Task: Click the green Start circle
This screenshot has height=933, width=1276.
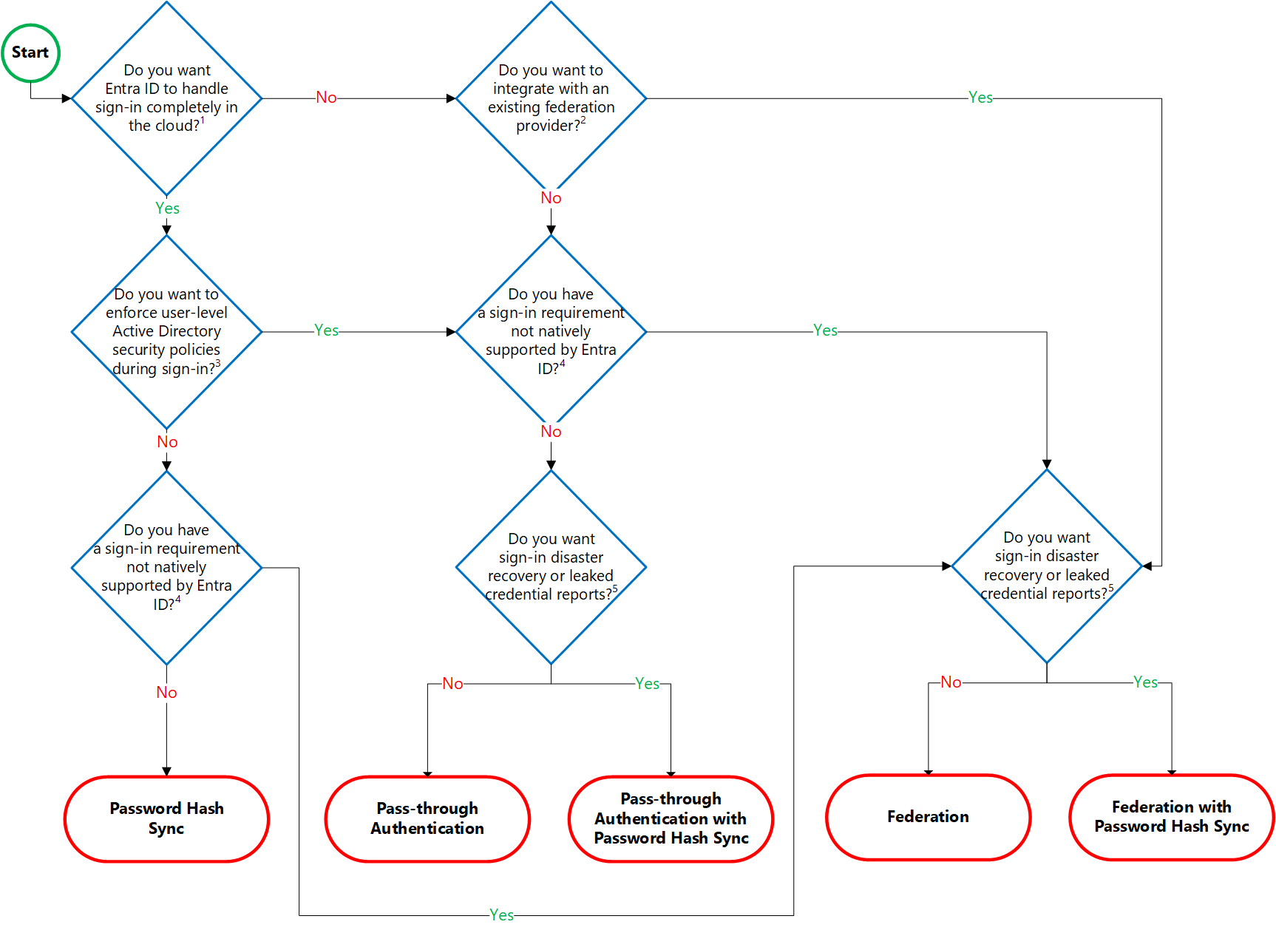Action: click(30, 52)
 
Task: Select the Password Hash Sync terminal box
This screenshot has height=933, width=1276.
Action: click(166, 818)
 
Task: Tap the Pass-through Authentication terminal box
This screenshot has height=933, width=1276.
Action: click(427, 818)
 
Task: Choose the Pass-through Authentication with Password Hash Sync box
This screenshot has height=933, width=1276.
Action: click(671, 818)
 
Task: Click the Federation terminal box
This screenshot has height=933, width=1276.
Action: click(928, 817)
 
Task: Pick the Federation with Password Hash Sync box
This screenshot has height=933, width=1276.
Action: click(1171, 817)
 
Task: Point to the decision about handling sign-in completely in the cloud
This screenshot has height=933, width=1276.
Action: click(167, 98)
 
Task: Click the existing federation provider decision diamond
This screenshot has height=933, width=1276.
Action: click(551, 98)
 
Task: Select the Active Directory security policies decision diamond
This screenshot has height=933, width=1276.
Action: click(167, 331)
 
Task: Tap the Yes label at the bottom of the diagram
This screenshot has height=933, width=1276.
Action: click(501, 915)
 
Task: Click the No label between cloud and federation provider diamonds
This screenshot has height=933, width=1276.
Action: click(326, 98)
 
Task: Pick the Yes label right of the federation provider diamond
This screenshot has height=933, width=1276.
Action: click(980, 98)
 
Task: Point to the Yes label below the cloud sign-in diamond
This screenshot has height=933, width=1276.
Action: click(167, 208)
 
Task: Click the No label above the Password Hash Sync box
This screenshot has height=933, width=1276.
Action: click(166, 693)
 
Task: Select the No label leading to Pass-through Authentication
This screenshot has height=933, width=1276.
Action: click(452, 684)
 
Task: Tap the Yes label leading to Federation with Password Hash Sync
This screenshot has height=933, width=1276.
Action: click(1145, 682)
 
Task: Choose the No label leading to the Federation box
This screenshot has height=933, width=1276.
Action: click(951, 682)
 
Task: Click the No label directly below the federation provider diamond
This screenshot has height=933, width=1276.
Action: click(551, 198)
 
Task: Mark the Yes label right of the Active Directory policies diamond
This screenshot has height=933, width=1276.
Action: click(326, 330)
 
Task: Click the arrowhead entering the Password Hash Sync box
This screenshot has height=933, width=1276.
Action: click(166, 771)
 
